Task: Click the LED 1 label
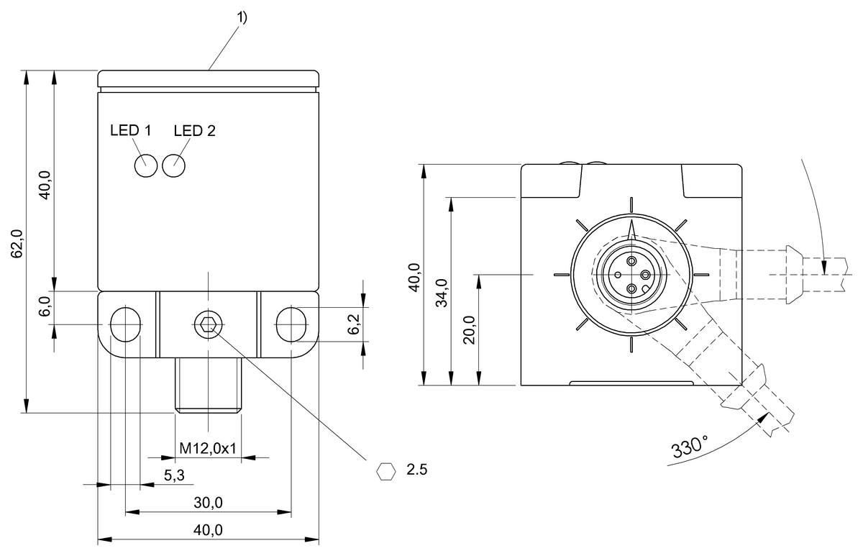tap(131, 131)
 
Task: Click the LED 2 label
tap(194, 131)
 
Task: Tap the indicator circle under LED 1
tap(145, 165)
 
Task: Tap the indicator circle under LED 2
tap(174, 165)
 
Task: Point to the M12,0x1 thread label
tap(208, 448)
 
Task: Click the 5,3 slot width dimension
tap(175, 475)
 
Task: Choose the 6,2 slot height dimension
tap(353, 324)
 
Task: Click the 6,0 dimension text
tap(45, 307)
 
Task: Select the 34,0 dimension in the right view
tap(442, 291)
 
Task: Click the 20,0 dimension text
tap(470, 329)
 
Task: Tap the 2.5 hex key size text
tap(417, 470)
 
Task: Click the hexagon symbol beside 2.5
tap(387, 471)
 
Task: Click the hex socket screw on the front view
tap(207, 325)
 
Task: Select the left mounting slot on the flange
tap(126, 324)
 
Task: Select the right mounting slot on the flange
tap(290, 324)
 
